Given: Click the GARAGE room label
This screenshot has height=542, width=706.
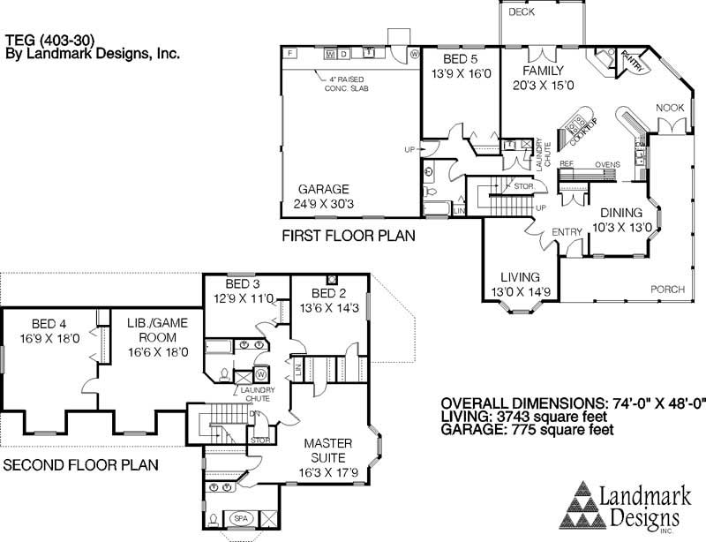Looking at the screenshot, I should pyautogui.click(x=323, y=189).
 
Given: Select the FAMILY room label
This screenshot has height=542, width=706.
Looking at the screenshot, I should pyautogui.click(x=542, y=71).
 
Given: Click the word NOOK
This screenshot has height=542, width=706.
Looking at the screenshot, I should pyautogui.click(x=670, y=108).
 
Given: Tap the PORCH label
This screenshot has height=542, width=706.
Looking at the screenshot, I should pyautogui.click(x=668, y=290).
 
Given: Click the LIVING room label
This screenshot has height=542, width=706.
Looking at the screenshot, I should pyautogui.click(x=520, y=277).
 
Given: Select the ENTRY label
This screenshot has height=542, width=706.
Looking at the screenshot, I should pyautogui.click(x=565, y=231).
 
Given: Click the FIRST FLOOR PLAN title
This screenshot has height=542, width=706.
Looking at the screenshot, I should pyautogui.click(x=348, y=237).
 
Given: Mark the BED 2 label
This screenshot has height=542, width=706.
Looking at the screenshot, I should pyautogui.click(x=329, y=293).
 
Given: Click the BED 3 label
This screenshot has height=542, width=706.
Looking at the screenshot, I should pyautogui.click(x=243, y=284).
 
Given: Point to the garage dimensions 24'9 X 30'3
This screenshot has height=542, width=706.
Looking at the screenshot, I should pyautogui.click(x=323, y=204).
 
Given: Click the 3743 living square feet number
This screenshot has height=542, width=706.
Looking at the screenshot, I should pyautogui.click(x=520, y=417).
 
